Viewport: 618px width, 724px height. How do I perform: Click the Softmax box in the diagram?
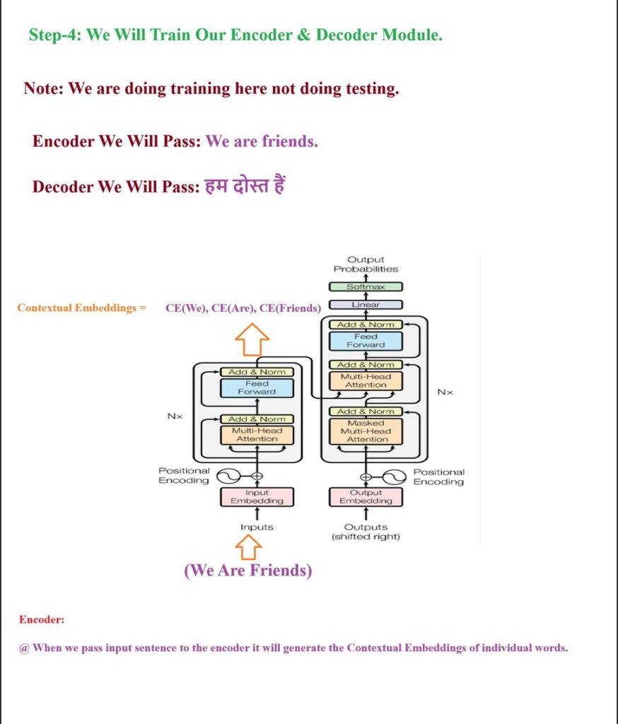click(x=366, y=287)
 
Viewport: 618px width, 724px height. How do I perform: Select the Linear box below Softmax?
click(x=366, y=305)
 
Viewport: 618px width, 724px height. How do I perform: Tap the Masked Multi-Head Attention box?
click(x=366, y=431)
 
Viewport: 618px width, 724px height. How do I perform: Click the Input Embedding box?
click(x=257, y=497)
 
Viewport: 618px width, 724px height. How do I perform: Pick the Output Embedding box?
click(x=366, y=497)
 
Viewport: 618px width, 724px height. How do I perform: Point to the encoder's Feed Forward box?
click(x=257, y=387)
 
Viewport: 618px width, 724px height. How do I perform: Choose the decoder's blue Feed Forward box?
click(x=366, y=341)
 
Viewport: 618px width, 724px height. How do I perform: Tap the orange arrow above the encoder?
click(x=252, y=340)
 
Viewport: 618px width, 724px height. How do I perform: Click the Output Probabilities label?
click(x=366, y=264)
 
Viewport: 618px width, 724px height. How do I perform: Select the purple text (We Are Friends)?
click(x=247, y=571)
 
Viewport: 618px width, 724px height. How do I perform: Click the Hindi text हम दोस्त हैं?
click(x=244, y=187)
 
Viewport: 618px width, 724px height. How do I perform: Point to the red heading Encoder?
click(x=42, y=619)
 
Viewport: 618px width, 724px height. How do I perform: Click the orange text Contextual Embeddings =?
click(x=81, y=308)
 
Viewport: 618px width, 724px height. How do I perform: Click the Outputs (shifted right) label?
click(x=366, y=532)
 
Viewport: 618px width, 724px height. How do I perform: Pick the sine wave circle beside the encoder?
click(x=229, y=476)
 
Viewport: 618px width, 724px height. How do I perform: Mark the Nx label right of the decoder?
click(x=445, y=392)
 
